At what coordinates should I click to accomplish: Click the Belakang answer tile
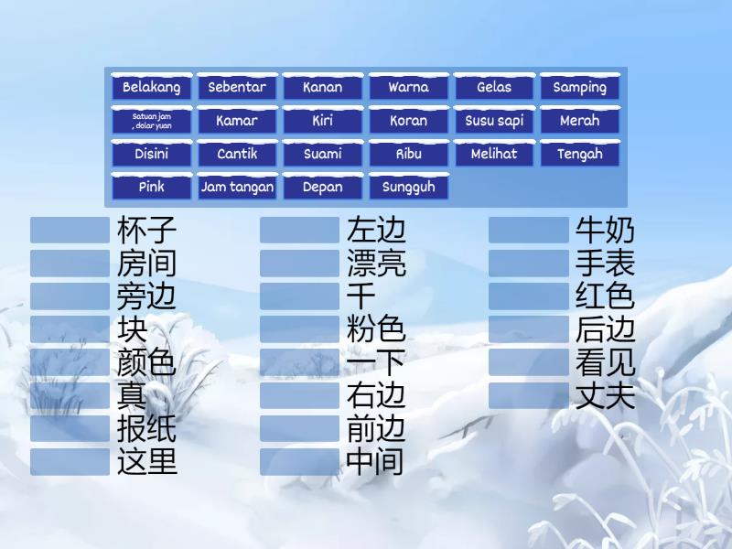(x=152, y=88)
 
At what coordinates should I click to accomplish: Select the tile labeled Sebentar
(x=237, y=88)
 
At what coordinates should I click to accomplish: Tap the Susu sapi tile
(x=494, y=121)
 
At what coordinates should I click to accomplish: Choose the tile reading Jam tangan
(x=237, y=188)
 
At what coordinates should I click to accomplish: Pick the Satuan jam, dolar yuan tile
(x=152, y=121)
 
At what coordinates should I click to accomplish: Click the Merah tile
(x=579, y=121)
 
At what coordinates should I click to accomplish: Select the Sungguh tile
(x=408, y=188)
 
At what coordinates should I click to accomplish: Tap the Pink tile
(x=152, y=188)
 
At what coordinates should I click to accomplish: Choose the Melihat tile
(x=494, y=155)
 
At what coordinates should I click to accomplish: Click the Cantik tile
(x=237, y=155)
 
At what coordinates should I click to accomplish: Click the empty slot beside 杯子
(x=70, y=230)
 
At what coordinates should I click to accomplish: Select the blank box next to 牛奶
(x=529, y=230)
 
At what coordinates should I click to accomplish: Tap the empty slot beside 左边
(x=300, y=230)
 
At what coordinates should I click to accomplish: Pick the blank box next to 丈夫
(x=529, y=395)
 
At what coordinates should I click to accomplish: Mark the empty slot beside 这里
(x=70, y=462)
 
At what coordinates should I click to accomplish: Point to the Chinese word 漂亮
(x=376, y=264)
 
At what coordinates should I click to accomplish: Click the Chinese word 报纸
(x=146, y=429)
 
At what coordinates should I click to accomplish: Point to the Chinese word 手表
(x=605, y=264)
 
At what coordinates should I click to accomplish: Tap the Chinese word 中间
(x=375, y=462)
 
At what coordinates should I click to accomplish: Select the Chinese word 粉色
(x=376, y=329)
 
